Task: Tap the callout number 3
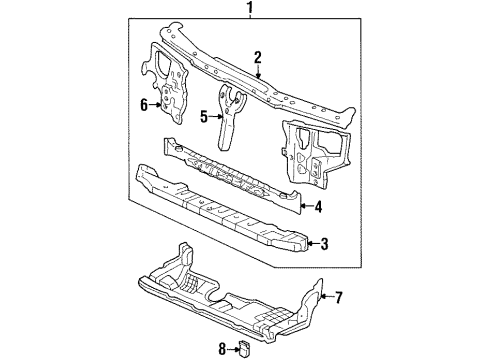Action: tap(324, 243)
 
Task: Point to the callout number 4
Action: tap(317, 209)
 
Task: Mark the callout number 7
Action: tap(338, 297)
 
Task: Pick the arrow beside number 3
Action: tap(312, 243)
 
